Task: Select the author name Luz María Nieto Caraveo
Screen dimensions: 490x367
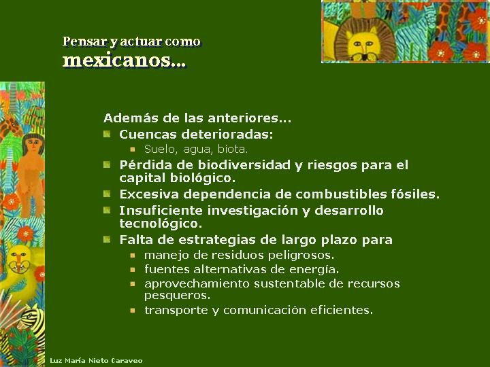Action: tap(96, 360)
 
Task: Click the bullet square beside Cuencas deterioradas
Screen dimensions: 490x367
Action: tap(107, 134)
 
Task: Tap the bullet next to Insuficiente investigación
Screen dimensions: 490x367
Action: tap(107, 210)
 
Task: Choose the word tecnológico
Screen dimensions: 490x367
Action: tap(161, 224)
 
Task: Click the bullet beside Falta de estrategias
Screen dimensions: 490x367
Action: tap(107, 239)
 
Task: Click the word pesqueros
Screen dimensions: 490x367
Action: tap(177, 295)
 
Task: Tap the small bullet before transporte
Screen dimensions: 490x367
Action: tap(133, 310)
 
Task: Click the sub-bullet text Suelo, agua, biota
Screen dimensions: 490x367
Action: tap(196, 149)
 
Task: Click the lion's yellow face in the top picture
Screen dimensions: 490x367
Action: tap(363, 44)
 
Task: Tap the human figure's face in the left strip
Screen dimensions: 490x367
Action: tap(33, 145)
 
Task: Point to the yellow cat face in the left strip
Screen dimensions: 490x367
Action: tap(19, 260)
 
